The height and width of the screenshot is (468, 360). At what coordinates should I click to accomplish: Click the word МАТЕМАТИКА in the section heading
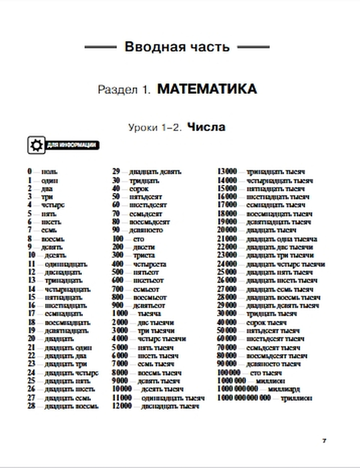(207, 89)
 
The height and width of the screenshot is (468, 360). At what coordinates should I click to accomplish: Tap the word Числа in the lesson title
(206, 127)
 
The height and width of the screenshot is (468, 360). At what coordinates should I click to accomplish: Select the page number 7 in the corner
(324, 441)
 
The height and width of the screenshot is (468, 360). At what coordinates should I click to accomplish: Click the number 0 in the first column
(30, 172)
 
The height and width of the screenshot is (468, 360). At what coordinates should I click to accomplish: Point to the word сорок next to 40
(139, 189)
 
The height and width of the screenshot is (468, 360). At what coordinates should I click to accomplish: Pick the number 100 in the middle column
(117, 239)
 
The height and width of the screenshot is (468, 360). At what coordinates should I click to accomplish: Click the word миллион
(270, 381)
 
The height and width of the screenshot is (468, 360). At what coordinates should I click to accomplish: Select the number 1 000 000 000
(238, 389)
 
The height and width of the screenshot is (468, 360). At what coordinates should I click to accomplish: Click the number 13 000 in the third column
(227, 172)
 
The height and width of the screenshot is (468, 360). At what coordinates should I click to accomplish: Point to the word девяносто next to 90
(146, 230)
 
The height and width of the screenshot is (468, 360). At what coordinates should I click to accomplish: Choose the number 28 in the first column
(31, 406)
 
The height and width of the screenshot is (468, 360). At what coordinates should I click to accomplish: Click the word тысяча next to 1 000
(149, 314)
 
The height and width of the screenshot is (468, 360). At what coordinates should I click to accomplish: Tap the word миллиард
(284, 389)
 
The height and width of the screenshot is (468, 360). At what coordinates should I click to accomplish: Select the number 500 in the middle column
(117, 272)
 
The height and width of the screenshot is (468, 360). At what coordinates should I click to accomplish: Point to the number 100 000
(229, 373)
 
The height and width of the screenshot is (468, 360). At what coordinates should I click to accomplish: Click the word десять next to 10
(55, 255)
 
